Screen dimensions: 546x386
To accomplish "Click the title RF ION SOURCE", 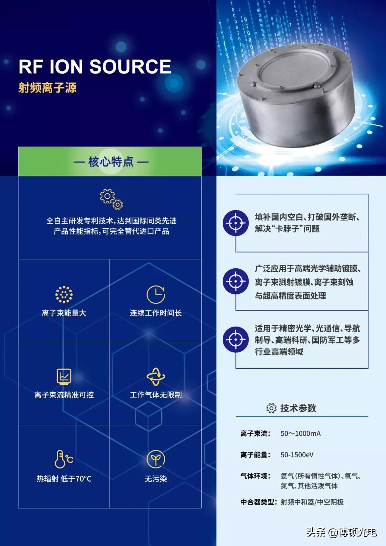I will [x=95, y=67].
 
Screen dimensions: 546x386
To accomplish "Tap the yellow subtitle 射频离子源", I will [x=47, y=88].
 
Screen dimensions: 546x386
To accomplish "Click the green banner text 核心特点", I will [x=111, y=162].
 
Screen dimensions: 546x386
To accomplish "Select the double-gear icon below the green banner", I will [x=111, y=199].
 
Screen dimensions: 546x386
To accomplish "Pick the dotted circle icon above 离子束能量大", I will [x=64, y=295].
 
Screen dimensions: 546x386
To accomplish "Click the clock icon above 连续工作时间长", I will [x=156, y=294].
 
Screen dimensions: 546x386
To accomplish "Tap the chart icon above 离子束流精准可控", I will [x=64, y=377].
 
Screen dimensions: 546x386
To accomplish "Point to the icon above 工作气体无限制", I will [x=156, y=377].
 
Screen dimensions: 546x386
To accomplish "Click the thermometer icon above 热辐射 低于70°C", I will [x=64, y=459].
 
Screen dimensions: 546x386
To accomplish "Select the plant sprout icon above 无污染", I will [x=156, y=459].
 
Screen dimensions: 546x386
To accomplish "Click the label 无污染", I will [x=156, y=479].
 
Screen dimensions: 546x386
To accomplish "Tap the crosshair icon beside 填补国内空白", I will [x=236, y=223].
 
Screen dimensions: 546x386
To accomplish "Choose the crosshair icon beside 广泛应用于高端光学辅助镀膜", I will [x=236, y=281].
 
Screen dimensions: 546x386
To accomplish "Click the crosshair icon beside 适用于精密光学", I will [x=236, y=339].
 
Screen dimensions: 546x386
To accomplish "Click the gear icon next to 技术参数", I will [x=271, y=408].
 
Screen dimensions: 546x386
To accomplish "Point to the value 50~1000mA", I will [x=301, y=433].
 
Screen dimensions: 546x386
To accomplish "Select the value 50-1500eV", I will [x=297, y=455].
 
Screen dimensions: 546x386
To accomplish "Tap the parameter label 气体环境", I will [x=255, y=476].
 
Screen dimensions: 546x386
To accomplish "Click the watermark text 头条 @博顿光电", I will [x=341, y=532].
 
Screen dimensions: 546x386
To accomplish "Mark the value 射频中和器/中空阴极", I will [x=312, y=502].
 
